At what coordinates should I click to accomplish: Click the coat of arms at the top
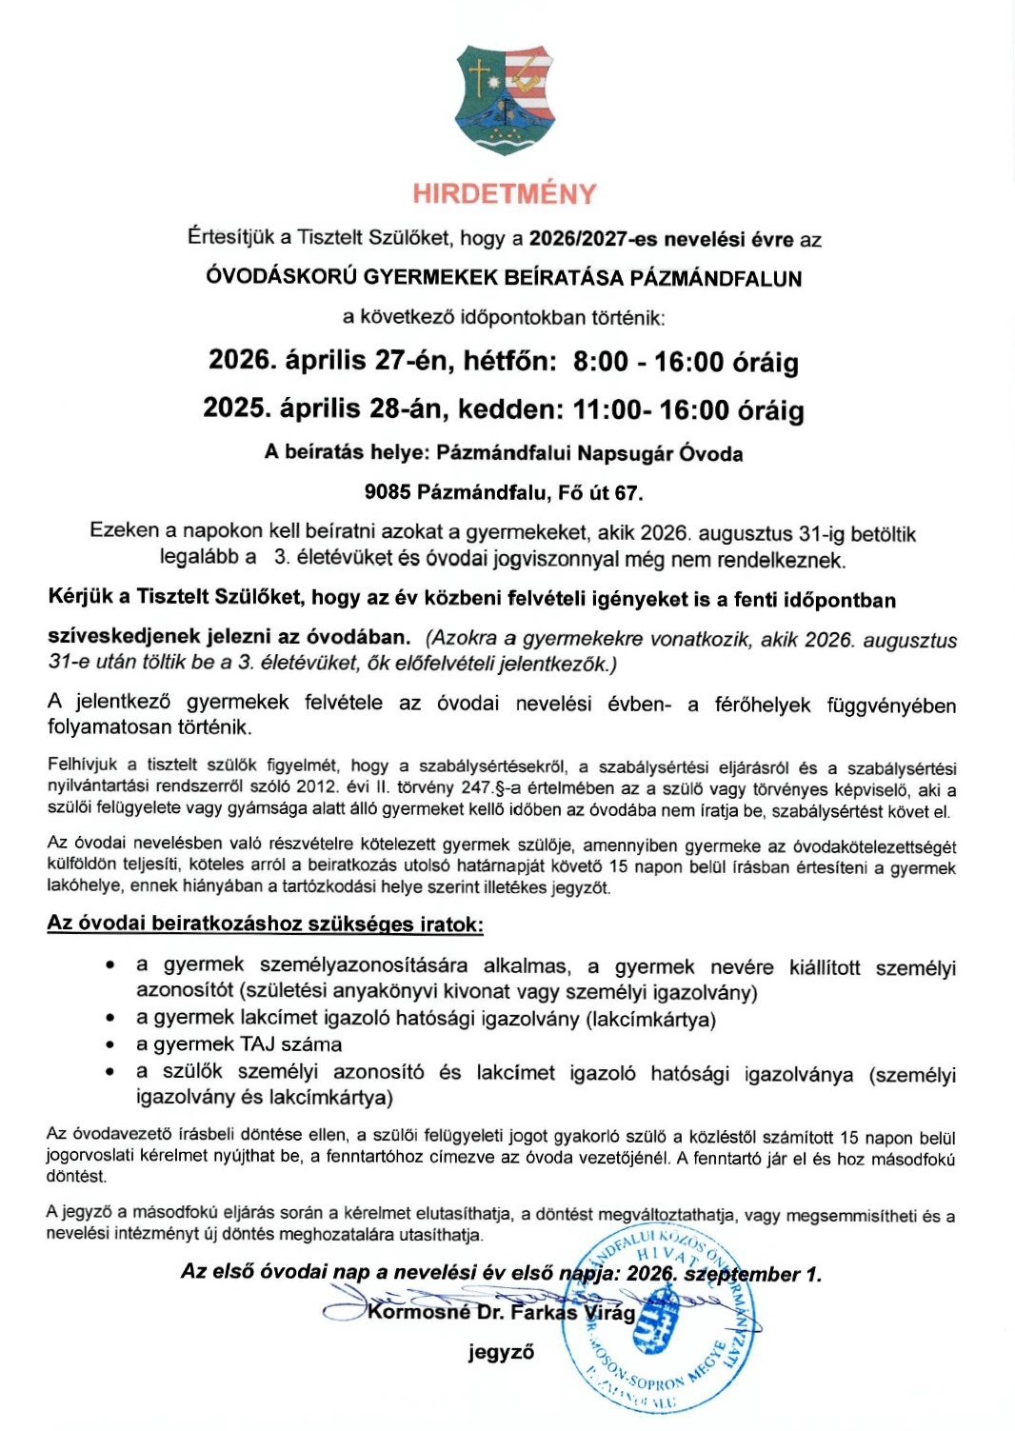click(505, 99)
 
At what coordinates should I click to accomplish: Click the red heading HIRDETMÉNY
click(505, 194)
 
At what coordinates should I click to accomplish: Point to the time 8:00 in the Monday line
click(601, 362)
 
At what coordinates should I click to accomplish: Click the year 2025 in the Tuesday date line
click(234, 408)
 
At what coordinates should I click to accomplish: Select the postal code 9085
click(388, 492)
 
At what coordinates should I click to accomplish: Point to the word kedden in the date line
click(510, 409)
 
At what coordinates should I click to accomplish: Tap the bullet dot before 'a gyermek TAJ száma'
click(111, 1044)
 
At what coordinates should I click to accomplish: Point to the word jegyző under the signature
click(501, 1352)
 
